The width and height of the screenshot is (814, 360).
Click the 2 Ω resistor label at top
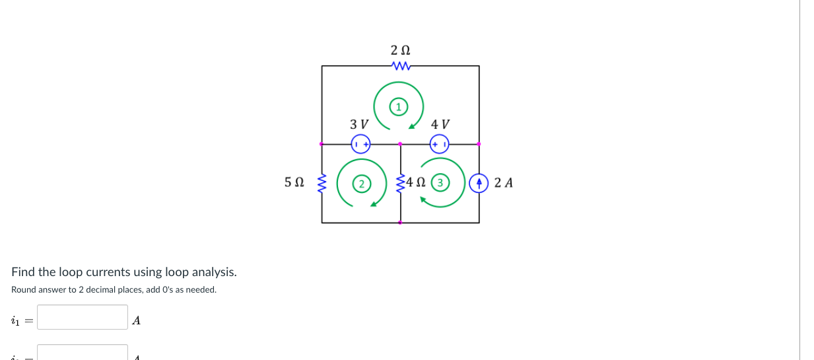pos(400,50)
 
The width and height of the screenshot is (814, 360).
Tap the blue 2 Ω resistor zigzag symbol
pos(401,66)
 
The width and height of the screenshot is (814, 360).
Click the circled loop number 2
pos(361,183)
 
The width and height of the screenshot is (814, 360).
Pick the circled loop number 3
pos(441,182)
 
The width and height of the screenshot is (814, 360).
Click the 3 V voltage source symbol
pos(360,143)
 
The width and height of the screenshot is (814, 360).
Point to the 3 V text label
pos(359,124)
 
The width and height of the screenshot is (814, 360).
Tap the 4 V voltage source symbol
pos(439,143)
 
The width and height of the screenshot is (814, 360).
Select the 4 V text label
pos(440,124)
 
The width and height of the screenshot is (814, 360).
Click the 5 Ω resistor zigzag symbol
pos(322,182)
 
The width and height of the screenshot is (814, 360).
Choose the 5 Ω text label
pos(294,182)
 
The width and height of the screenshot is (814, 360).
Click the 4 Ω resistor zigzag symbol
pos(400,182)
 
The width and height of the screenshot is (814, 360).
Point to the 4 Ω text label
pos(417,182)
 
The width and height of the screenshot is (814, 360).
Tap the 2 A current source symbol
pos(479,182)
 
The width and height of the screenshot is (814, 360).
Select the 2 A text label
pos(503,182)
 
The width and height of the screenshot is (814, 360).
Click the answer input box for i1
pos(83,317)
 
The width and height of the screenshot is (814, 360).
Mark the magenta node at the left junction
pos(322,143)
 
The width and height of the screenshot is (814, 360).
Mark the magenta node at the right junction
pos(479,143)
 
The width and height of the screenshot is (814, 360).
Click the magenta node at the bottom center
pos(400,223)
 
